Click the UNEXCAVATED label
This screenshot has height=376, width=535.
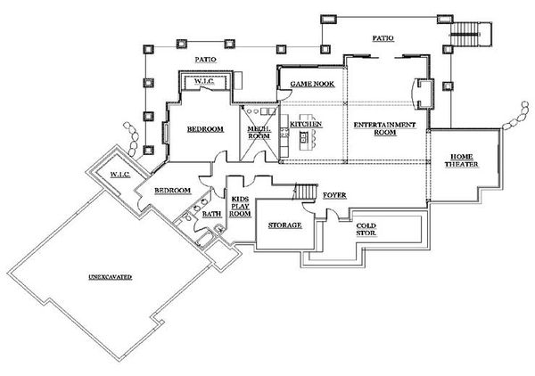[111, 278]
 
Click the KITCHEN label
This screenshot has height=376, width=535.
[305, 124]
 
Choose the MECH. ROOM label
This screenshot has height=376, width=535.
[259, 133]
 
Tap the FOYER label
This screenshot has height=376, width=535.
[334, 194]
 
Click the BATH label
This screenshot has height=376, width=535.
[211, 214]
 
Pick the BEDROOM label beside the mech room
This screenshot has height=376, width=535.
[204, 129]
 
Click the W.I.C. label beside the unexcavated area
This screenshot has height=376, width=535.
[119, 175]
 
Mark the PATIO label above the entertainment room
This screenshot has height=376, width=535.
[383, 38]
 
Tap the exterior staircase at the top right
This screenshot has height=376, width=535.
[465, 35]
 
